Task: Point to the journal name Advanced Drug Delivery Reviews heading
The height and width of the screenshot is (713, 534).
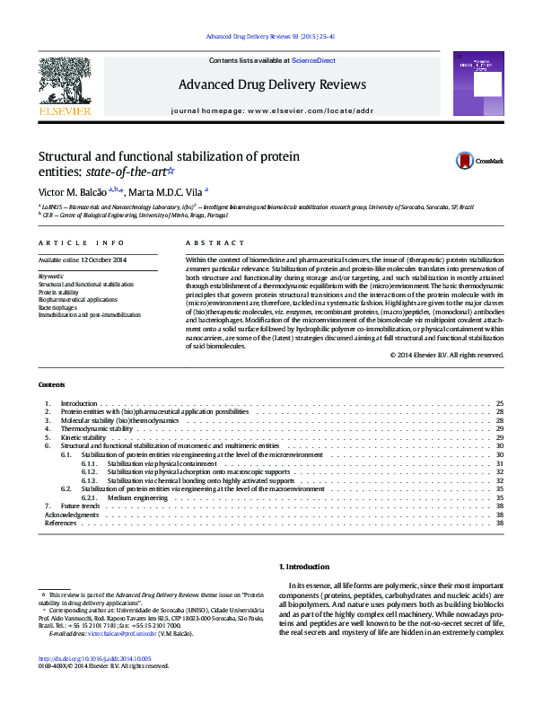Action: click(272, 85)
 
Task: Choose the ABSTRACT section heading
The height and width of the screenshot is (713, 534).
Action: click(214, 243)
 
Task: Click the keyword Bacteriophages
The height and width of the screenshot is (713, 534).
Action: click(58, 307)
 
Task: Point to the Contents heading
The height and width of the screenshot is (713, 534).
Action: click(51, 384)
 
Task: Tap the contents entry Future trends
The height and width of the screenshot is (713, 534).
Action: click(80, 506)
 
